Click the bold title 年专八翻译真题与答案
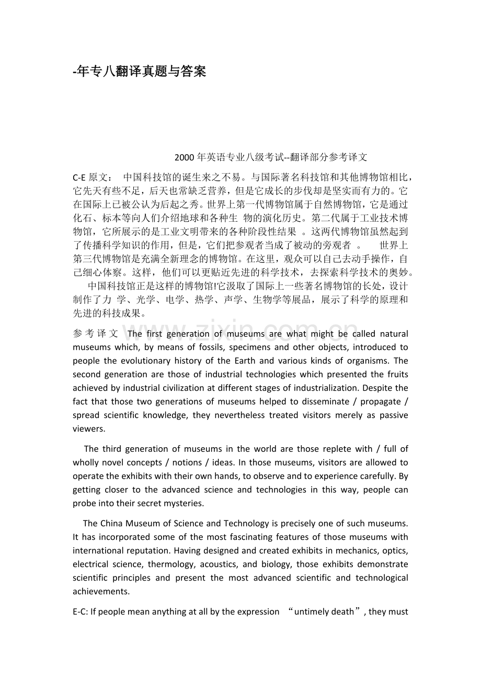point(140,72)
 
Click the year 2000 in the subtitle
point(184,157)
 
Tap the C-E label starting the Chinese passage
point(79,177)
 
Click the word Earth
point(244,361)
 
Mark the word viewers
point(88,429)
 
